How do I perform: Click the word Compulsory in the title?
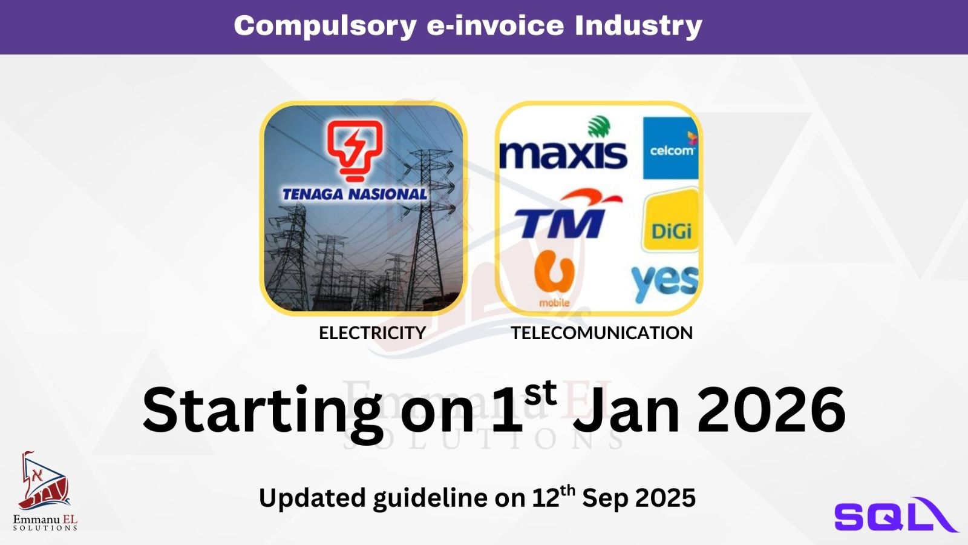tap(325, 26)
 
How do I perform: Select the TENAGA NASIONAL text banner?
tap(355, 194)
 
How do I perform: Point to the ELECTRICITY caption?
tap(373, 333)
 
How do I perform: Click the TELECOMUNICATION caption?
tap(602, 333)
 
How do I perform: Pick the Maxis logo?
tap(563, 143)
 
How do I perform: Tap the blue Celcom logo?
tap(671, 148)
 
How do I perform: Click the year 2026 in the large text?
tap(771, 410)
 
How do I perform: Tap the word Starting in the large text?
tap(263, 413)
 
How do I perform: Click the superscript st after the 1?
tap(541, 394)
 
